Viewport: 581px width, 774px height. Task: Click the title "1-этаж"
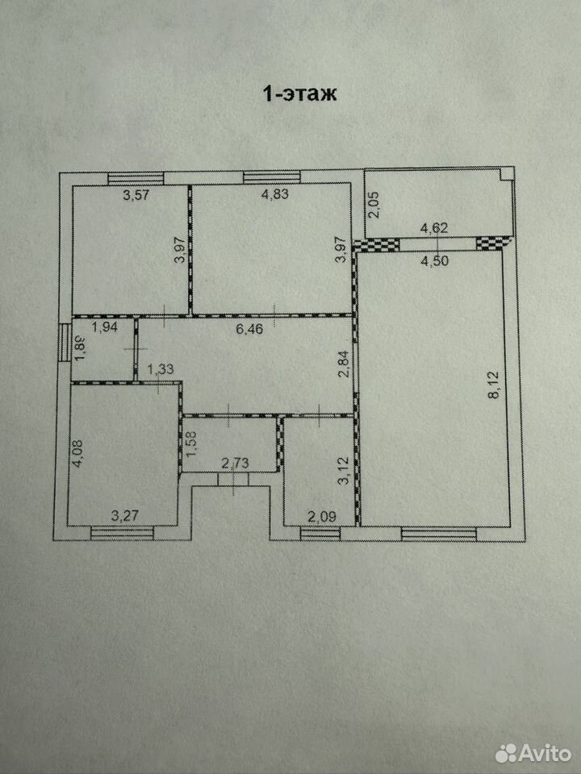pyautogui.click(x=300, y=94)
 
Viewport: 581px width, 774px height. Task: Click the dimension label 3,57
pyautogui.click(x=136, y=195)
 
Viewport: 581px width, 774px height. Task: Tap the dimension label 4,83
pyautogui.click(x=274, y=194)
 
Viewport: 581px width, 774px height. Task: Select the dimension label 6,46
pyautogui.click(x=249, y=329)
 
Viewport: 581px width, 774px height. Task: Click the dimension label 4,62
pyautogui.click(x=434, y=228)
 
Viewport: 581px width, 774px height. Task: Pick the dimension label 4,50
pyautogui.click(x=434, y=261)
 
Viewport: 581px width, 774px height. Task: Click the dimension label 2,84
pyautogui.click(x=345, y=364)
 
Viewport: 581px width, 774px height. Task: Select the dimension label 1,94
pyautogui.click(x=105, y=327)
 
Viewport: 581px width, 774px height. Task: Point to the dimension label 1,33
pyautogui.click(x=161, y=368)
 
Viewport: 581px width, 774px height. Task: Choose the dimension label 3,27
pyautogui.click(x=124, y=517)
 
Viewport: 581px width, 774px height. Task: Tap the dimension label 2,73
pyautogui.click(x=235, y=464)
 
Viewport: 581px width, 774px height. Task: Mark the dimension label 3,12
pyautogui.click(x=345, y=472)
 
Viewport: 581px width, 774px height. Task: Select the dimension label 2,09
pyautogui.click(x=322, y=517)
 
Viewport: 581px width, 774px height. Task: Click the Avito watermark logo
pyautogui.click(x=533, y=753)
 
